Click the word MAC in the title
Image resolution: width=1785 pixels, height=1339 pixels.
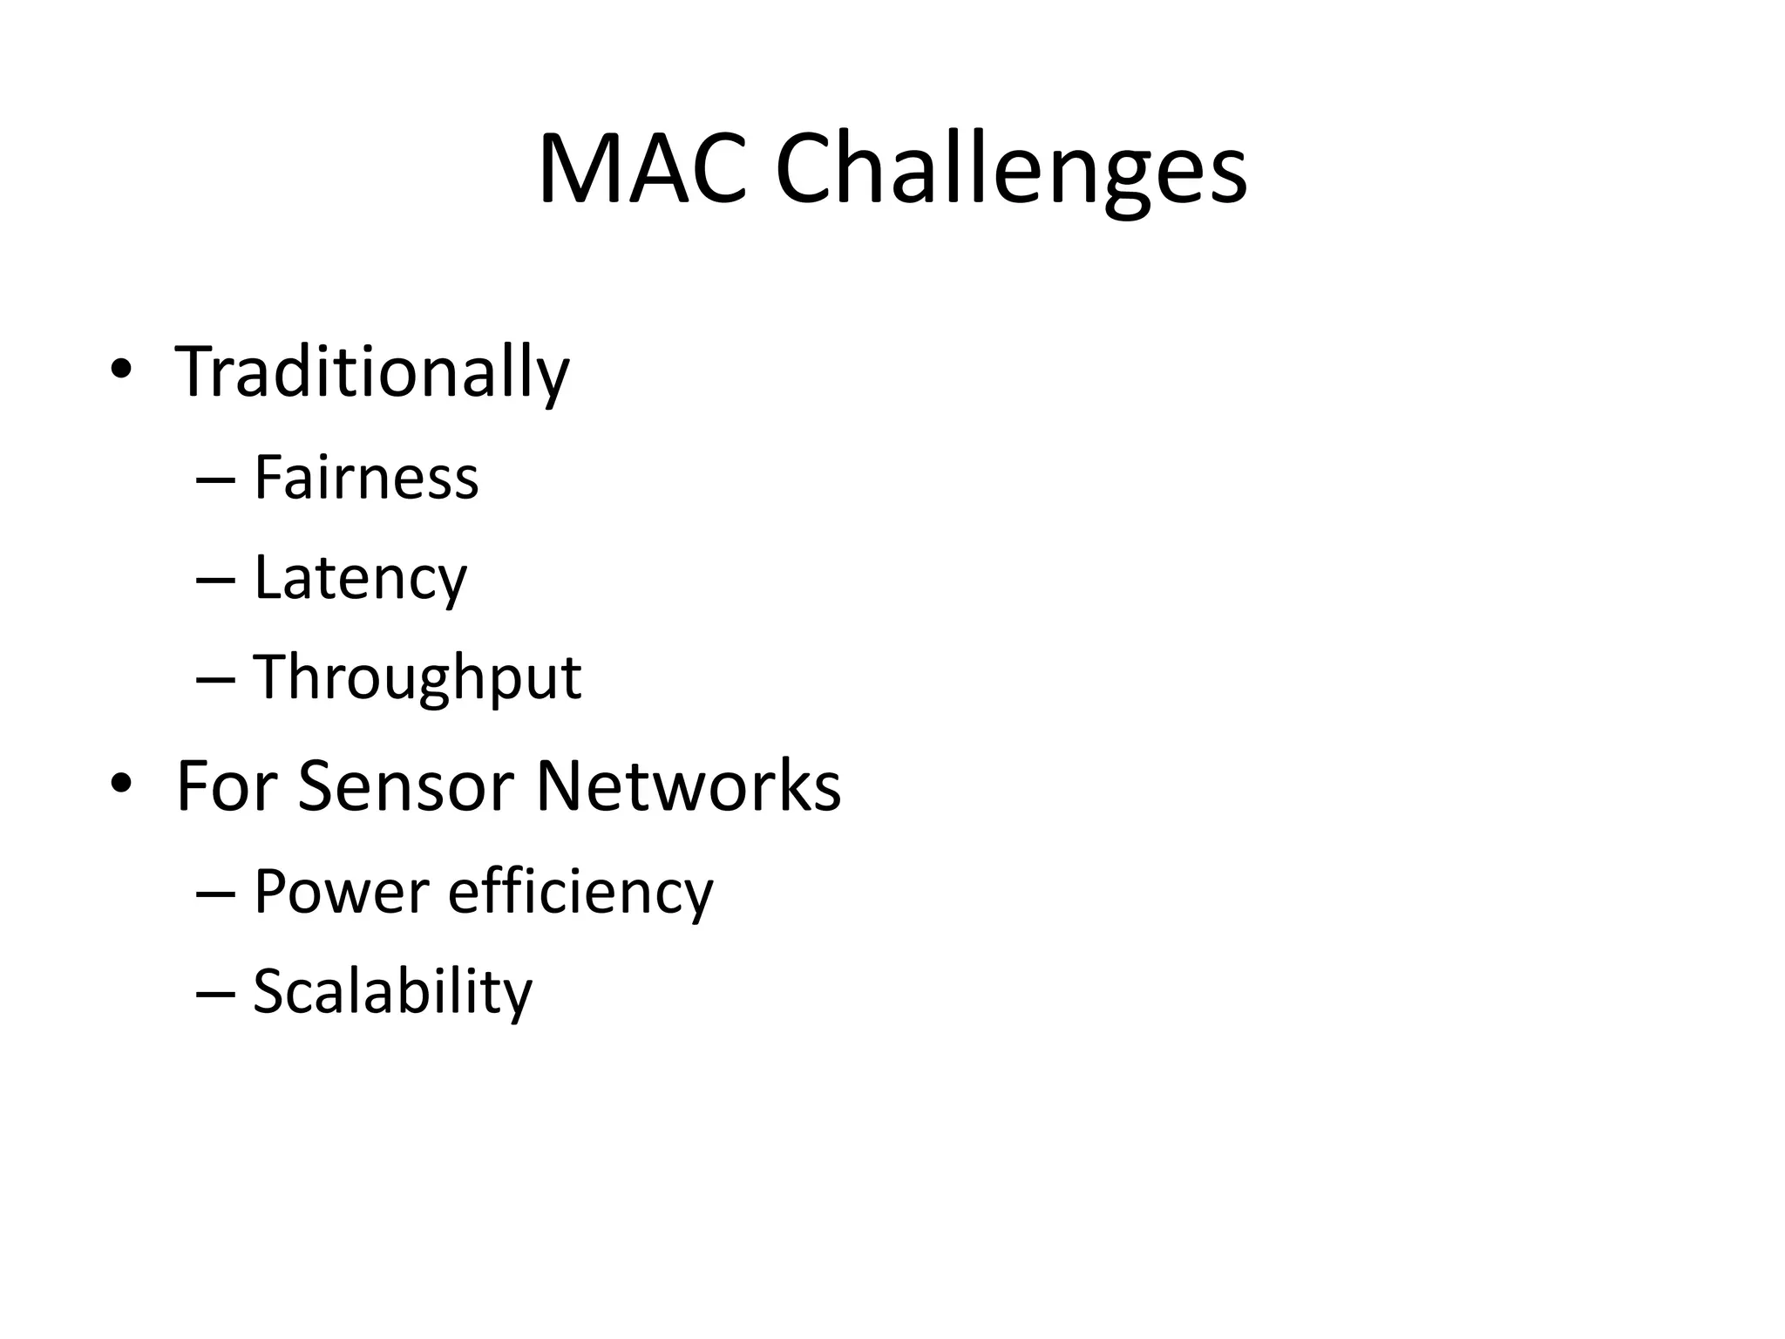[643, 170]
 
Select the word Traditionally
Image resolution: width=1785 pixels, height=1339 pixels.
[372, 373]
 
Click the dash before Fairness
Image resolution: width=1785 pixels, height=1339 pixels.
[216, 480]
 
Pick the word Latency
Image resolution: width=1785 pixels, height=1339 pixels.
[360, 578]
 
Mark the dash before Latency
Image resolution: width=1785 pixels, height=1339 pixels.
[216, 580]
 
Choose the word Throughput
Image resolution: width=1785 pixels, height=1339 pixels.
[417, 678]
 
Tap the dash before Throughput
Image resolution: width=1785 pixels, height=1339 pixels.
[216, 679]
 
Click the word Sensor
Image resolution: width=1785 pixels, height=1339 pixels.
[407, 786]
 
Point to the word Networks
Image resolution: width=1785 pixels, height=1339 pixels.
[688, 786]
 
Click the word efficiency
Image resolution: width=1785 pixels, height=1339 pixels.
[580, 892]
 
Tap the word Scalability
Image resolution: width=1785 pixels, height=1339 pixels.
[392, 992]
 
